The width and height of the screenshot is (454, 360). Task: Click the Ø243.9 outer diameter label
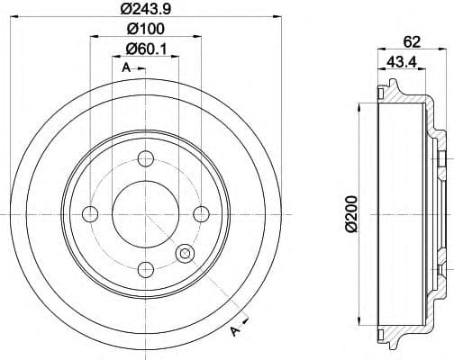click(143, 13)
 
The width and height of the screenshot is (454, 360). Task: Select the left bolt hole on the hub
click(89, 213)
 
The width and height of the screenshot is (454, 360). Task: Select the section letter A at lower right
click(237, 334)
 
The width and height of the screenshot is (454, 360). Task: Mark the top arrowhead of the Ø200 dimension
click(359, 105)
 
